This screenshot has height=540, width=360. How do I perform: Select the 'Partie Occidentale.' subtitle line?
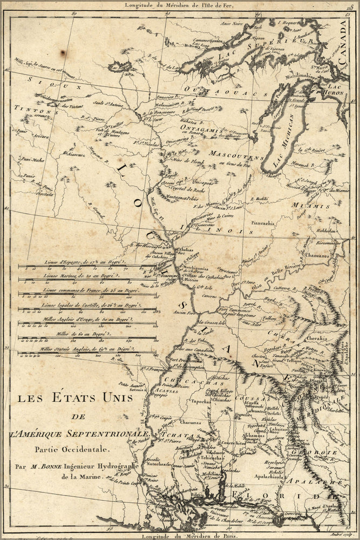pos(60,448)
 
